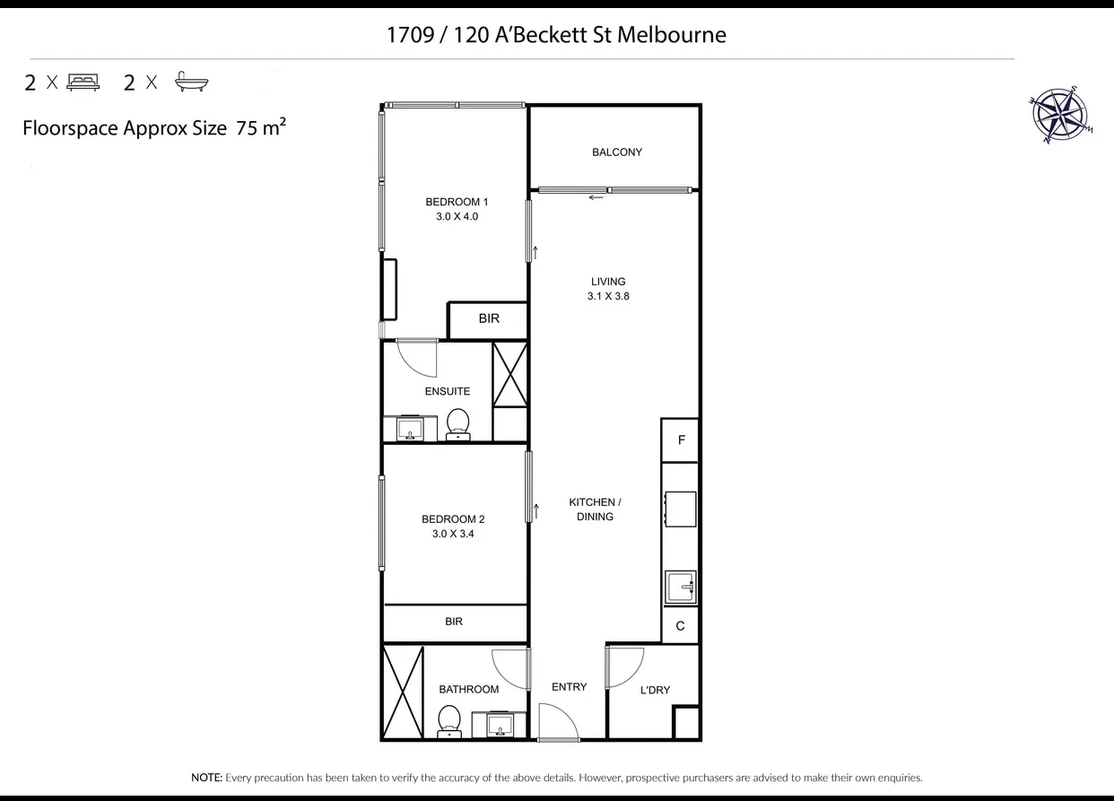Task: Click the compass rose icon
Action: pyautogui.click(x=1060, y=117)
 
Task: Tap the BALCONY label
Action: pyautogui.click(x=617, y=152)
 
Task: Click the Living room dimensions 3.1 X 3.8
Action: pyautogui.click(x=608, y=296)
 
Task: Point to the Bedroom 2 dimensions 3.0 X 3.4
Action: pyautogui.click(x=453, y=534)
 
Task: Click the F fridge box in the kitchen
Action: pyautogui.click(x=681, y=440)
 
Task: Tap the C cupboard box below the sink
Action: pyautogui.click(x=680, y=626)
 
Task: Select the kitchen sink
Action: pyautogui.click(x=681, y=588)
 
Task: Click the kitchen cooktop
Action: pyautogui.click(x=680, y=509)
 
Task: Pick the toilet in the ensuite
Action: pyautogui.click(x=457, y=424)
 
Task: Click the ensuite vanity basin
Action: pyautogui.click(x=410, y=429)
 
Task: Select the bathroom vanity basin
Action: pyautogui.click(x=499, y=724)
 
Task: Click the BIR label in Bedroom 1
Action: pyautogui.click(x=489, y=318)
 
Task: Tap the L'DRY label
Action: pyautogui.click(x=655, y=690)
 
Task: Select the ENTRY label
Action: pyautogui.click(x=570, y=687)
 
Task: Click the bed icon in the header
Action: pyautogui.click(x=83, y=83)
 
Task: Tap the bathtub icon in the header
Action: pyautogui.click(x=191, y=83)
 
